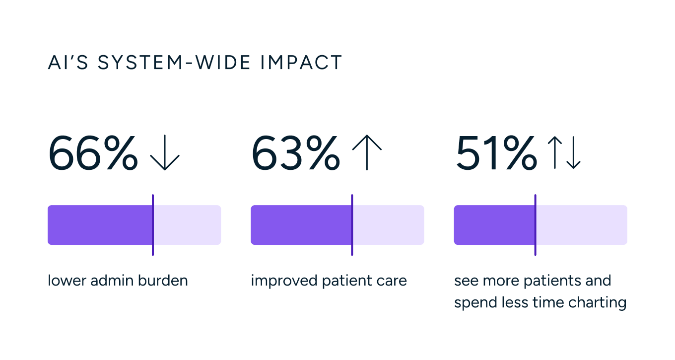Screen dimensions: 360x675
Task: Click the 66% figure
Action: click(x=93, y=154)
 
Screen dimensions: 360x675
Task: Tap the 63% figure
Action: click(x=296, y=154)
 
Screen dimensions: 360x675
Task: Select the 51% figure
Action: click(x=496, y=154)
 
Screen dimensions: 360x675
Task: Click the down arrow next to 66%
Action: click(x=165, y=154)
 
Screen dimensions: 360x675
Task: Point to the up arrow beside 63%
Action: click(x=367, y=153)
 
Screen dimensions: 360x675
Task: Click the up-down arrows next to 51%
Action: click(x=563, y=153)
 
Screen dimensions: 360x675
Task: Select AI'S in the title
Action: click(x=68, y=63)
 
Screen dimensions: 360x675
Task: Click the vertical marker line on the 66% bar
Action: click(x=153, y=225)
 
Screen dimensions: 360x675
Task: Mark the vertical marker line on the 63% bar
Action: click(x=352, y=225)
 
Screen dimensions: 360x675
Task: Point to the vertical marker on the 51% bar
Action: click(x=535, y=225)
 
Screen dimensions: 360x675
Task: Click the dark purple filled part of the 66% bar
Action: click(x=99, y=225)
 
